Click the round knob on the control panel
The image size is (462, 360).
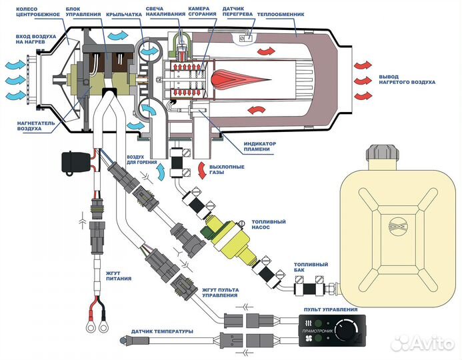coord(348,329)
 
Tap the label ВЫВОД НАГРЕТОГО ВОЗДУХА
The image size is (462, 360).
coord(407,79)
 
